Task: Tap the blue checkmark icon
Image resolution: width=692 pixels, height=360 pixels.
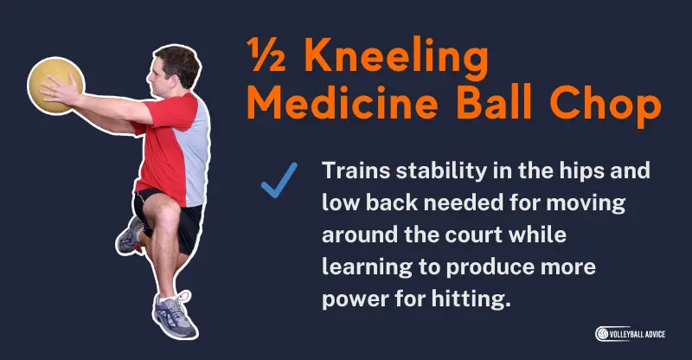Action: click(279, 179)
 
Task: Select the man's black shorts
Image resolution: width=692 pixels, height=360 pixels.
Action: click(172, 213)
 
